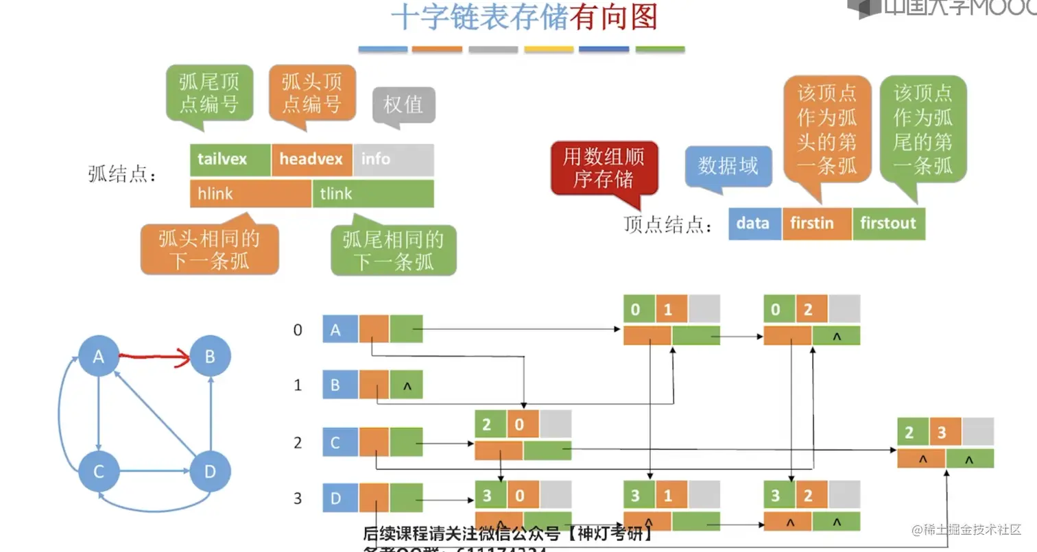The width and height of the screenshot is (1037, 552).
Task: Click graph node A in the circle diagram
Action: click(x=99, y=356)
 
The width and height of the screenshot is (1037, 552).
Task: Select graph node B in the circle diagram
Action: click(x=210, y=356)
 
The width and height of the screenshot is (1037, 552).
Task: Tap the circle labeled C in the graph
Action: click(x=99, y=471)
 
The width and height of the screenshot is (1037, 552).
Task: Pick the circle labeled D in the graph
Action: click(x=210, y=471)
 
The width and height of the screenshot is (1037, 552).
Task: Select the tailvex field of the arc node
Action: click(x=230, y=159)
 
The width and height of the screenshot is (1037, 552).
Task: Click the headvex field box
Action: click(x=312, y=159)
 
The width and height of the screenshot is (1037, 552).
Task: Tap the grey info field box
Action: click(x=394, y=159)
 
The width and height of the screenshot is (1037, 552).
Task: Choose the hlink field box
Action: click(x=250, y=194)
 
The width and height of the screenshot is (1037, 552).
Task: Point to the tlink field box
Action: click(x=373, y=194)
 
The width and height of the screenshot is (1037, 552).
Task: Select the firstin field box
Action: click(x=816, y=224)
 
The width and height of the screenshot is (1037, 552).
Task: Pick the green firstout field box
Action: click(x=888, y=224)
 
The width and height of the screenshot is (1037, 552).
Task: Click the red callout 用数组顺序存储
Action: click(x=604, y=168)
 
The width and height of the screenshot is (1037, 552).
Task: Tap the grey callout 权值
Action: click(x=403, y=105)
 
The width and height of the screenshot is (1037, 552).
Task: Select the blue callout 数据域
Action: click(x=728, y=166)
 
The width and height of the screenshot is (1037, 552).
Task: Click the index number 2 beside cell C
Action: click(x=298, y=443)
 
